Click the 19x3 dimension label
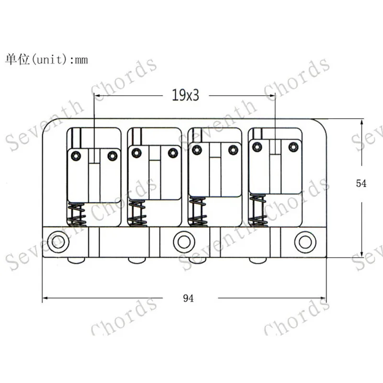[185, 95]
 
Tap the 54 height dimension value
[361, 183]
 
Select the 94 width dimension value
[188, 298]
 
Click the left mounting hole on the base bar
[58, 242]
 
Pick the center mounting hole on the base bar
[184, 242]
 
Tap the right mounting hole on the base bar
[305, 242]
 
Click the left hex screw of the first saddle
[76, 156]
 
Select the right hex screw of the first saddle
[113, 156]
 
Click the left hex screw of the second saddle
[136, 153]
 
